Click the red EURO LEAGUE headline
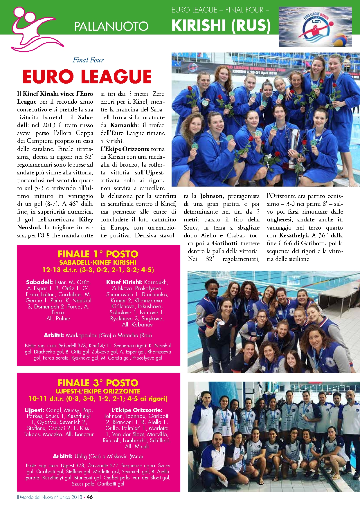coord(87,77)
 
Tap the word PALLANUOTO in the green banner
coord(111,26)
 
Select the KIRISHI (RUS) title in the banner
coord(221,25)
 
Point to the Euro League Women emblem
coord(315,27)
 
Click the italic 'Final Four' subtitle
coord(88,60)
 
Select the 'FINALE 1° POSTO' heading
coord(98,254)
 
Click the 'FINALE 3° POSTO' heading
coord(98,383)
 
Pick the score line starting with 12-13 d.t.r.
coord(98,270)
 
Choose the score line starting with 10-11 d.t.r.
coord(98,398)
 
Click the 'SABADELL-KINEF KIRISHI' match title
coord(98,262)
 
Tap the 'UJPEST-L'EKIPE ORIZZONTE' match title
coord(98,391)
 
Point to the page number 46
coord(90,497)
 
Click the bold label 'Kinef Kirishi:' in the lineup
coord(124,282)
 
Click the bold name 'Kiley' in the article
coord(86,219)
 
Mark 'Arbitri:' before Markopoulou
coord(54,335)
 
